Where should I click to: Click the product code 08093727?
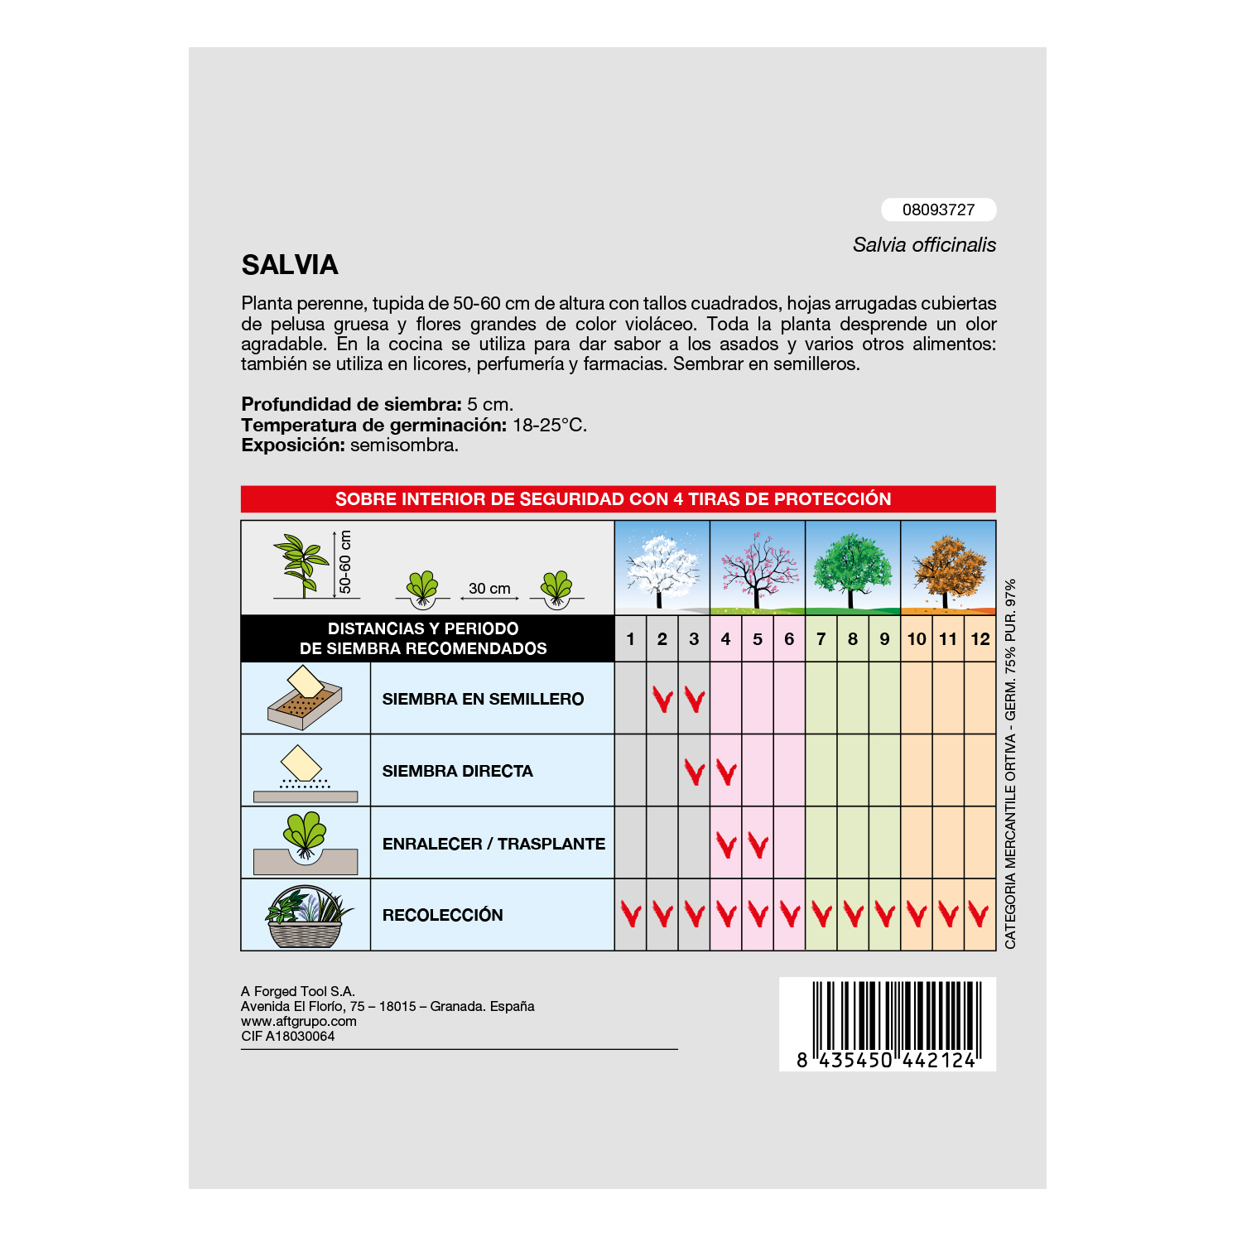[x=938, y=209]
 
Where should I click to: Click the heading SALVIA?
[x=290, y=265]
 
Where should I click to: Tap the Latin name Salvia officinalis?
[x=924, y=245]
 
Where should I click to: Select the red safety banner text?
[x=614, y=499]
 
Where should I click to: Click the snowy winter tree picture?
[x=661, y=568]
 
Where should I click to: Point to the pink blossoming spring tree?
[x=757, y=568]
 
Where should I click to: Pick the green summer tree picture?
[x=852, y=568]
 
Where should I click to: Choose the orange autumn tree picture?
[x=948, y=568]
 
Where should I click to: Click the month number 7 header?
[x=821, y=639]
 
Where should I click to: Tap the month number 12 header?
[x=980, y=639]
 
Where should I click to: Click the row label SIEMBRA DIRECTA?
[x=457, y=771]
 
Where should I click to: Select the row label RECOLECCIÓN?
[x=442, y=915]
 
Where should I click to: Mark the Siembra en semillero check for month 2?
[x=662, y=700]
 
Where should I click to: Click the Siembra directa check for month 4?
[x=726, y=773]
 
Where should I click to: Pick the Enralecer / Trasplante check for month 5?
[x=758, y=845]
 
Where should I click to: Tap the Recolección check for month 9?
[x=884, y=915]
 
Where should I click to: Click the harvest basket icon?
[x=306, y=916]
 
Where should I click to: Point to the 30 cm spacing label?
[x=489, y=589]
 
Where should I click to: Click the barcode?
[x=888, y=1023]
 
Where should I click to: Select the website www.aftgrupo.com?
[x=299, y=1021]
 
